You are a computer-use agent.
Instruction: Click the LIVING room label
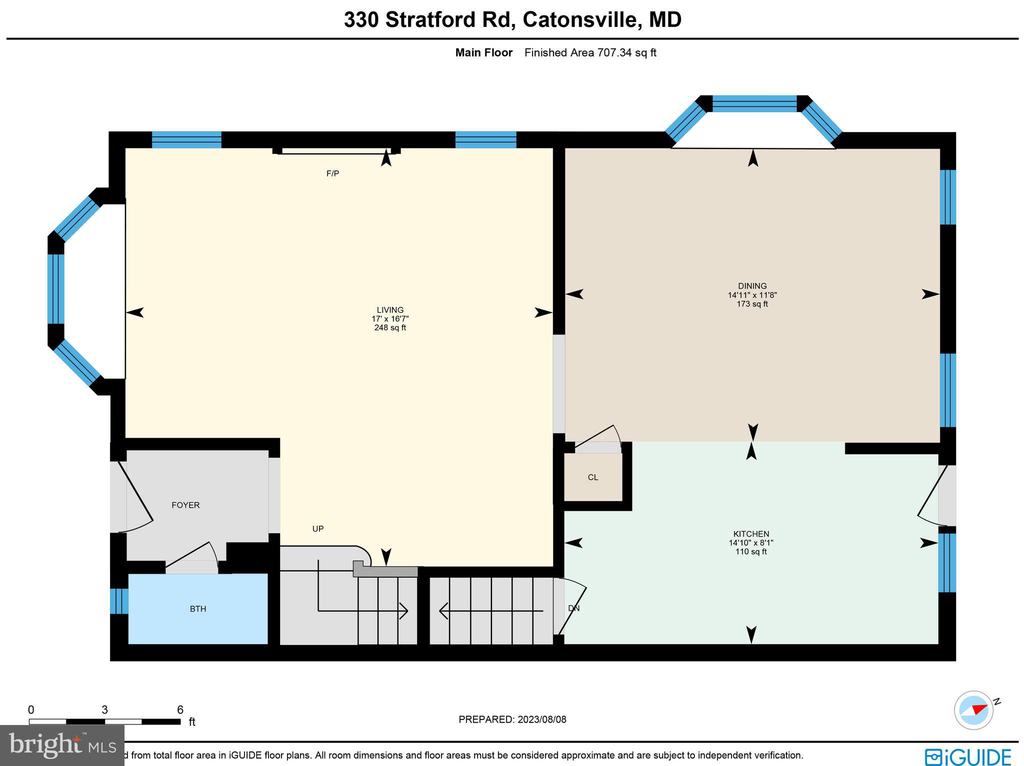tap(390, 310)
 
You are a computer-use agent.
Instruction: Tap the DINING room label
tap(752, 286)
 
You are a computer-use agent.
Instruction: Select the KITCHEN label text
tap(751, 534)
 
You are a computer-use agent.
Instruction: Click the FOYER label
tap(185, 505)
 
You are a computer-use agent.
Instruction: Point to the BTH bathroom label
tap(198, 609)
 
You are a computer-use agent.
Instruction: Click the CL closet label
tap(593, 478)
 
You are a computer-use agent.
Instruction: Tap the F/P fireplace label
tap(332, 174)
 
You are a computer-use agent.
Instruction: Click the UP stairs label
tap(318, 529)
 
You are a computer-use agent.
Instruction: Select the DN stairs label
tap(574, 609)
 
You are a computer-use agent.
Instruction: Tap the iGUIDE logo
tap(967, 756)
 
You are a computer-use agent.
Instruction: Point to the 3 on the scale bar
tap(104, 710)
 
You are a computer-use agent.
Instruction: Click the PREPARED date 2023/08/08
tap(541, 720)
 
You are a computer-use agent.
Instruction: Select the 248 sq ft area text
tap(390, 328)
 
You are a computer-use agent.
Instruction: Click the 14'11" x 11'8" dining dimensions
tap(752, 295)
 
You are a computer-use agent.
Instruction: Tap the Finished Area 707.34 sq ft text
tap(590, 53)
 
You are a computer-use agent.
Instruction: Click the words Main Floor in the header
tap(483, 53)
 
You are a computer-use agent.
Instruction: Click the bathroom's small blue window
tap(119, 601)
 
